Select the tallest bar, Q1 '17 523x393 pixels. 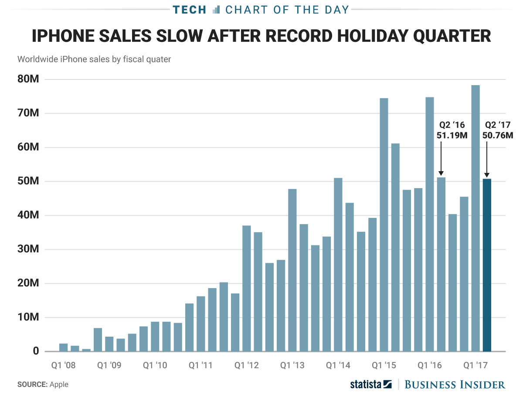point(475,218)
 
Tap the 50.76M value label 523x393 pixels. point(498,135)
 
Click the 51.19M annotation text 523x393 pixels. point(452,135)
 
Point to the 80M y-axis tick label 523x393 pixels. point(28,79)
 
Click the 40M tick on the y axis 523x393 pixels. point(28,215)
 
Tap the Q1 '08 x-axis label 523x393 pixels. point(63,365)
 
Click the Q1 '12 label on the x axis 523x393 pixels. point(246,365)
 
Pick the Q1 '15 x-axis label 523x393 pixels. point(384,365)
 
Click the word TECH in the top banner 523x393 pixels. point(189,10)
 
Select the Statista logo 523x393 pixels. point(371,384)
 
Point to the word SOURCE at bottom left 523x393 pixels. point(32,385)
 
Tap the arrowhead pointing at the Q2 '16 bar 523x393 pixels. point(441,173)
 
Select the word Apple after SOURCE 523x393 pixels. point(59,385)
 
